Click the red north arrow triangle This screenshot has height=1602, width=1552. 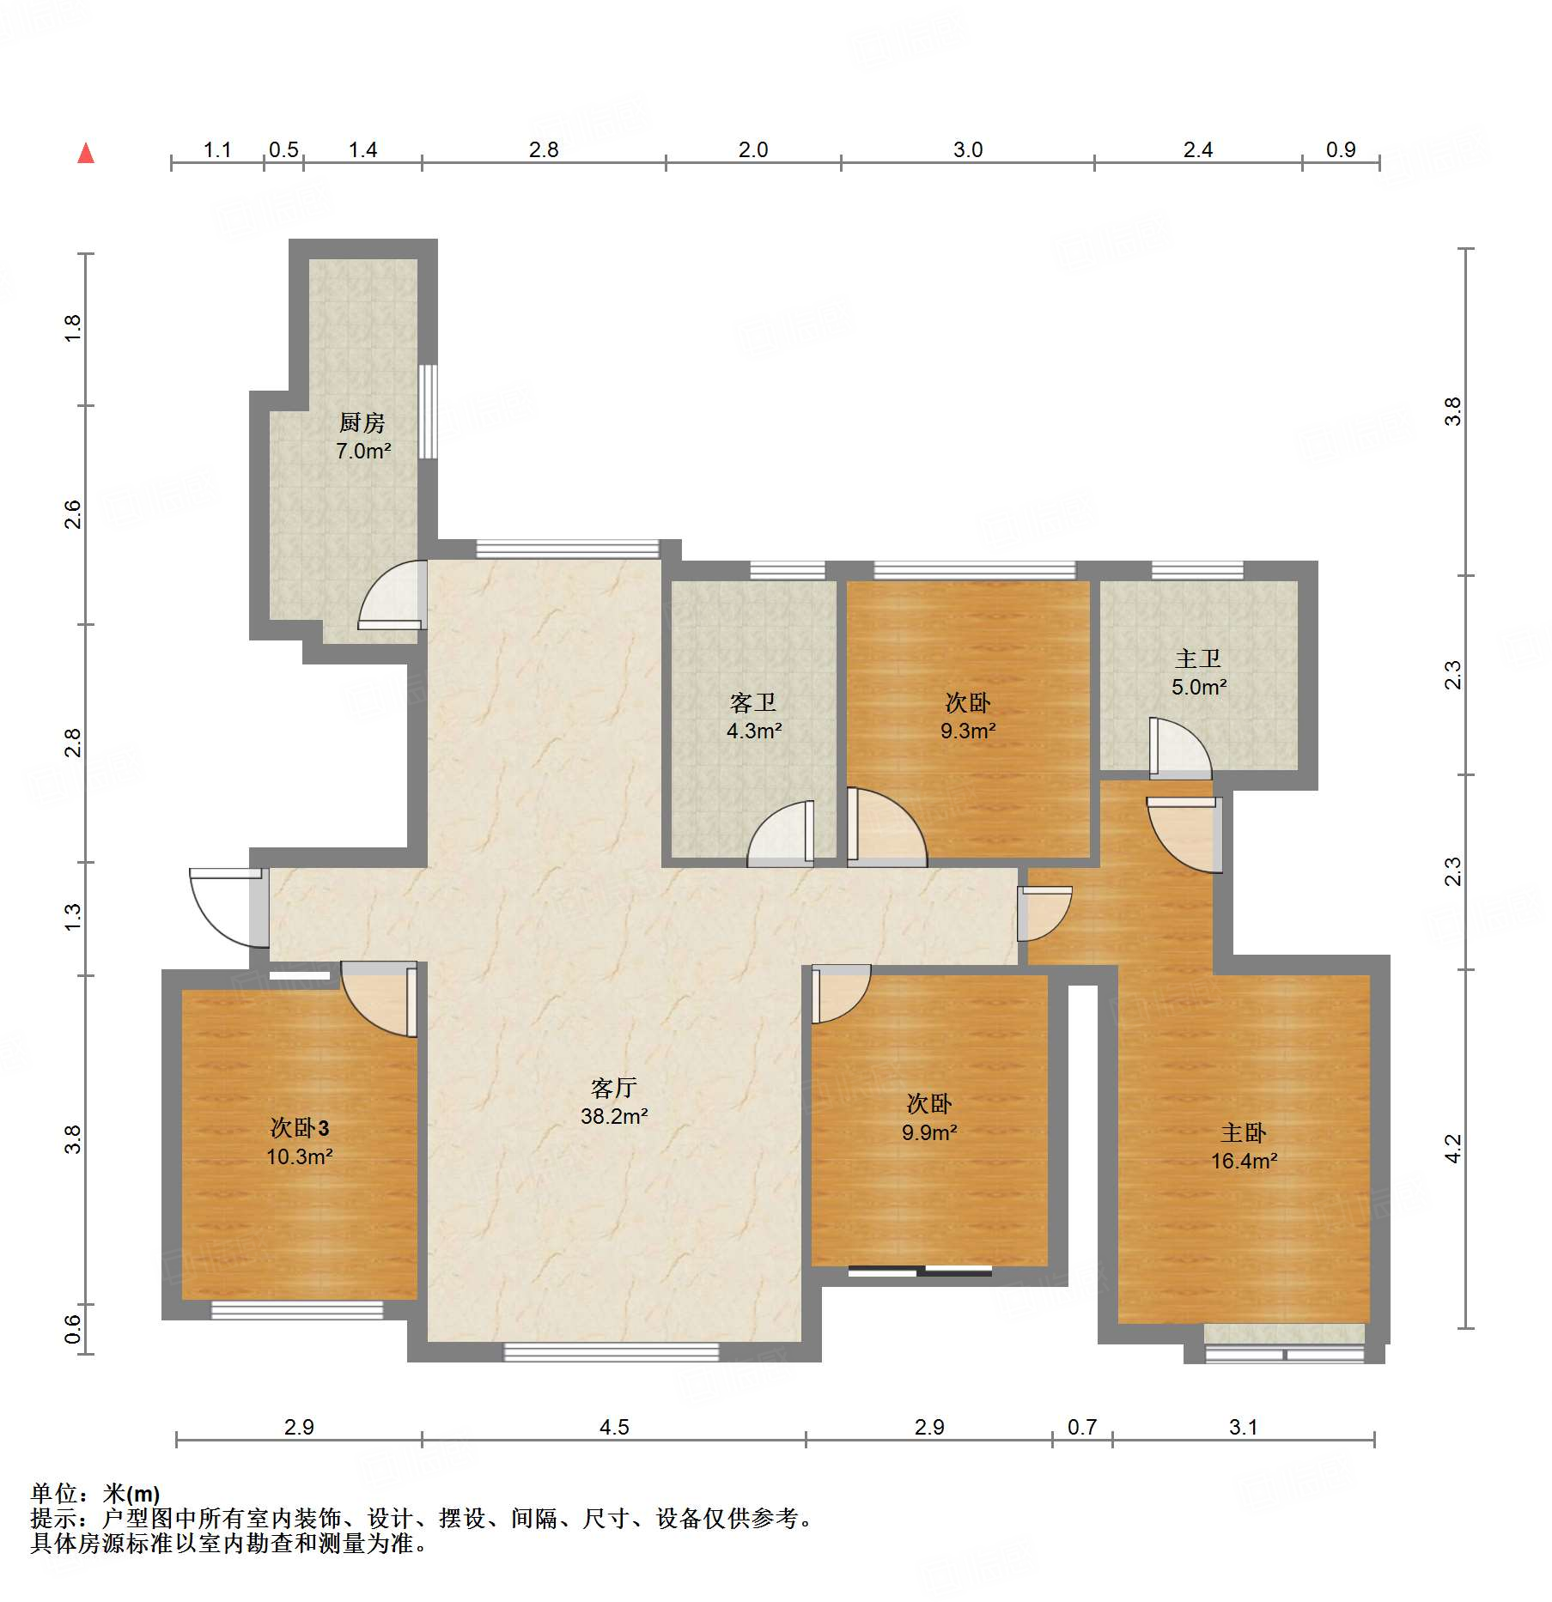point(86,154)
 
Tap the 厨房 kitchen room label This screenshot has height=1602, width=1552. point(362,422)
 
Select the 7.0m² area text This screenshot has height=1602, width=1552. point(363,451)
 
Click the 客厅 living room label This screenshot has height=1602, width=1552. point(614,1088)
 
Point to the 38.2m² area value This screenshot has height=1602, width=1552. point(614,1116)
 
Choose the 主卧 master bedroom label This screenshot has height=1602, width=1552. point(1244,1133)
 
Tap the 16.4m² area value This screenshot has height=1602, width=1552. point(1244,1162)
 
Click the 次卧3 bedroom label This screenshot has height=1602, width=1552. point(300,1127)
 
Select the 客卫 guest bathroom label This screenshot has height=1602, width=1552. point(753,703)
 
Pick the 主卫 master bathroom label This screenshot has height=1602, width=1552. point(1198,658)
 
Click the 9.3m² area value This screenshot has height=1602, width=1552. point(968,731)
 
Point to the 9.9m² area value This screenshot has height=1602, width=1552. point(929,1132)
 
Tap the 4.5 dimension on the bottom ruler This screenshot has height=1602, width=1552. point(614,1427)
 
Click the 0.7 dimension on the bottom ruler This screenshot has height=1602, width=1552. point(1082,1427)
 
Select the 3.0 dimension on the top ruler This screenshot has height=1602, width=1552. point(968,149)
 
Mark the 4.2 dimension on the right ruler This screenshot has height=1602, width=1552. point(1452,1149)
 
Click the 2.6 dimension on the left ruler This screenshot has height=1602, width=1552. point(73,514)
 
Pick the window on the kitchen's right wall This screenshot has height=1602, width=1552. point(428,411)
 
